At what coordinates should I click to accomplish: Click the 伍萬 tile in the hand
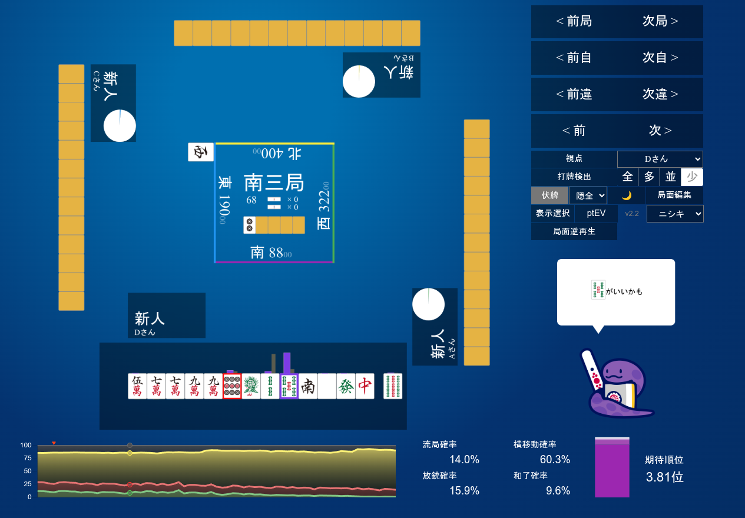pyautogui.click(x=137, y=386)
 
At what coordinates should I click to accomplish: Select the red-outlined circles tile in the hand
pyautogui.click(x=232, y=386)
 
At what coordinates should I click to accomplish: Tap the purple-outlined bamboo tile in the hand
pyautogui.click(x=289, y=386)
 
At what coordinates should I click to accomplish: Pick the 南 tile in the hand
pyautogui.click(x=308, y=386)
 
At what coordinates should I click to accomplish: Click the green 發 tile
pyautogui.click(x=346, y=386)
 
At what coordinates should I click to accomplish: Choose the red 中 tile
pyautogui.click(x=365, y=386)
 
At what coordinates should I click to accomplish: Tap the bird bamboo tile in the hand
pyautogui.click(x=251, y=386)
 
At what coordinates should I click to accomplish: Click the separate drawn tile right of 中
pyautogui.click(x=393, y=386)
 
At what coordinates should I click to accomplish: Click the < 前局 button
pyautogui.click(x=574, y=22)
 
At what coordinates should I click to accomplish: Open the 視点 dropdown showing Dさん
pyautogui.click(x=660, y=159)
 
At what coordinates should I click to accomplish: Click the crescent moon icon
pyautogui.click(x=626, y=195)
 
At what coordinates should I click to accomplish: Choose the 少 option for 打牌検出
pyautogui.click(x=692, y=177)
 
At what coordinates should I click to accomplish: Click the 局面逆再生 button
pyautogui.click(x=574, y=231)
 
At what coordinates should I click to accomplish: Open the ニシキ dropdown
pyautogui.click(x=675, y=214)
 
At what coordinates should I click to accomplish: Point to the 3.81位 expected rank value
pyautogui.click(x=664, y=477)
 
